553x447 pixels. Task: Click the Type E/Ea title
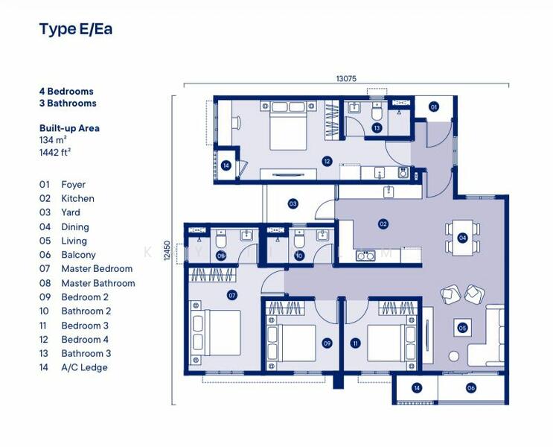75,29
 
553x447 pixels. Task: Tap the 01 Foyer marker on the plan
433,107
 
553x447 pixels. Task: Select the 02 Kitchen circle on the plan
383,223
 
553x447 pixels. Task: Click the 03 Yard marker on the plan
293,203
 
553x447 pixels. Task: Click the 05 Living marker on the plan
462,327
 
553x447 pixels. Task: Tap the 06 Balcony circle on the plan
471,387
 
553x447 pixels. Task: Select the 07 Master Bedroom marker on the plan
232,295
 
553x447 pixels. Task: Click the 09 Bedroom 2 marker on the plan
326,343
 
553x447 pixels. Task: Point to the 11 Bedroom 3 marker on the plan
355,343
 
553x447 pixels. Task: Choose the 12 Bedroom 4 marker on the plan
327,161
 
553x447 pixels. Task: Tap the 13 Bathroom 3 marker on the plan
377,128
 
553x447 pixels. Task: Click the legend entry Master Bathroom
98,283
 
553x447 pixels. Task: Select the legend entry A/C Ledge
84,367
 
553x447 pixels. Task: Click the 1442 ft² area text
55,151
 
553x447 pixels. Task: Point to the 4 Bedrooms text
66,92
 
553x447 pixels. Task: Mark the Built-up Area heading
69,128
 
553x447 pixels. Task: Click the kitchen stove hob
365,256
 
